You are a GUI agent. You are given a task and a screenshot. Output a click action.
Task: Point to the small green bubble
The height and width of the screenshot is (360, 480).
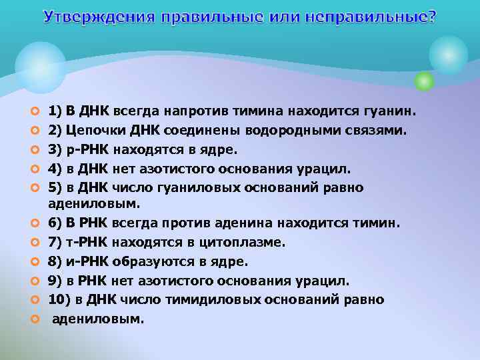point(424,81)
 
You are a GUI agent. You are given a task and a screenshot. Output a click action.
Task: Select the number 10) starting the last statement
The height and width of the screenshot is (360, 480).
point(61,300)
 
